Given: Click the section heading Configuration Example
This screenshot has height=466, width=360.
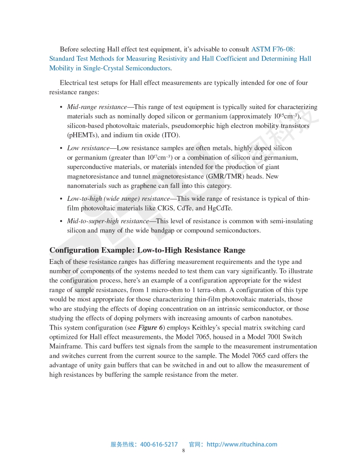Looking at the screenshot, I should click(x=147, y=250).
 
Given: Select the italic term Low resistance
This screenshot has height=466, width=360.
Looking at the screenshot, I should click(x=88, y=148).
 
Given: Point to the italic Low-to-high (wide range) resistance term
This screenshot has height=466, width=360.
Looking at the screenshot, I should click(x=118, y=199).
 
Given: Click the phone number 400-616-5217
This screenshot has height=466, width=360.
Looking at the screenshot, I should click(x=159, y=444).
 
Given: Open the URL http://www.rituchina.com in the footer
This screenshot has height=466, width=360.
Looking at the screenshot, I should click(x=242, y=444).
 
